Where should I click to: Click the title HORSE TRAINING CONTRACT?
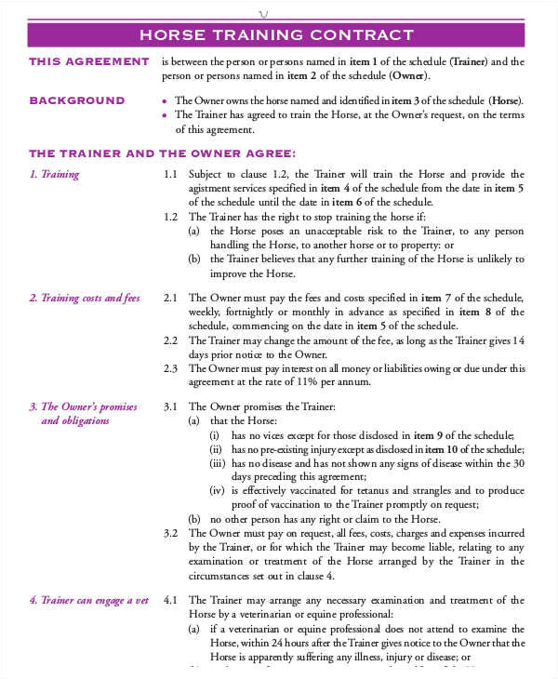click(x=275, y=35)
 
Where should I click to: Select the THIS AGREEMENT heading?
click(x=89, y=62)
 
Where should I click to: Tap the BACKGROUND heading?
click(x=77, y=100)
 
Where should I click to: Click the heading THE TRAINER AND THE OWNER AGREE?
click(x=163, y=153)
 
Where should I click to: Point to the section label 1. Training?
click(x=54, y=174)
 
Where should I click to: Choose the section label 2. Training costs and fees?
click(x=84, y=298)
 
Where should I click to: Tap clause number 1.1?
click(x=170, y=174)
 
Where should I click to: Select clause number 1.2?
click(x=170, y=216)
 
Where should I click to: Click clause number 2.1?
click(x=170, y=298)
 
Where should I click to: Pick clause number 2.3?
click(x=170, y=367)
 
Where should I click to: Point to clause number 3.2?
click(x=170, y=533)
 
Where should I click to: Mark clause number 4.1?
click(x=170, y=600)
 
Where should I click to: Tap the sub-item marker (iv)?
click(x=216, y=490)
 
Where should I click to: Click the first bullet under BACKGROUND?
click(x=164, y=101)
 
